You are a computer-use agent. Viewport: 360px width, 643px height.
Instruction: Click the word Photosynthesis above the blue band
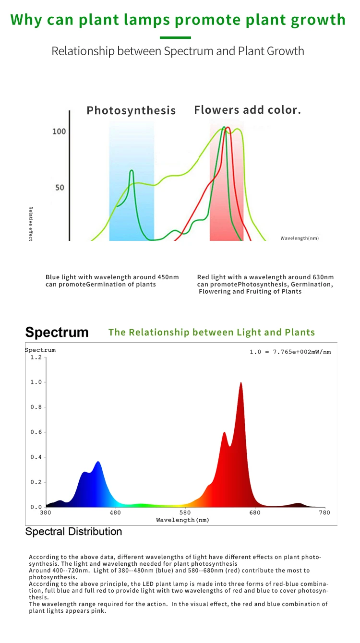[x=131, y=110]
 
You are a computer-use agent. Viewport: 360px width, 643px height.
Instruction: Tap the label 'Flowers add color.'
[x=247, y=110]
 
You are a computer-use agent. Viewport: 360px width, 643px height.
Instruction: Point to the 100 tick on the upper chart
[x=59, y=131]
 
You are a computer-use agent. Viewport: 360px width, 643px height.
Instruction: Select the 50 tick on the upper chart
[x=60, y=187]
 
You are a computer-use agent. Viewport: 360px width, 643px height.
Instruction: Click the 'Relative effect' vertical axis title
[x=31, y=224]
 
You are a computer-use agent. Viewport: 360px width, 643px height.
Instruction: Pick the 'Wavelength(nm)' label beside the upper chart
[x=300, y=238]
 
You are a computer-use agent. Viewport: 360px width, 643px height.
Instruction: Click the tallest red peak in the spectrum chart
[x=240, y=384]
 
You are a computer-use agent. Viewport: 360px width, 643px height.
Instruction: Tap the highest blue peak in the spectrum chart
[x=98, y=463]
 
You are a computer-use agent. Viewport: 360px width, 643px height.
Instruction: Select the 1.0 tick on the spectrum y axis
[x=36, y=382]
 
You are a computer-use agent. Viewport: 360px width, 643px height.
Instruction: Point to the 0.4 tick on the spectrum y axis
[x=36, y=457]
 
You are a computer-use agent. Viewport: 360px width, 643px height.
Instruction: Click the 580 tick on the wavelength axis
[x=185, y=512]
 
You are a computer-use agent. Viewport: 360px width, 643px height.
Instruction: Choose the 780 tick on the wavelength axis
[x=324, y=512]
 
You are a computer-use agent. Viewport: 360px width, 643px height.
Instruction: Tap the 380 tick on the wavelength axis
[x=45, y=512]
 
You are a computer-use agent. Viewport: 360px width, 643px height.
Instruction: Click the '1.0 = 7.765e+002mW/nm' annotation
[x=290, y=352]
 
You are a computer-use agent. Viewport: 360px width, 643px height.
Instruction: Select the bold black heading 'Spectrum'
[x=57, y=333]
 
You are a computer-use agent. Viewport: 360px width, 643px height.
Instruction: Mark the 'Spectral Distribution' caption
[x=73, y=532]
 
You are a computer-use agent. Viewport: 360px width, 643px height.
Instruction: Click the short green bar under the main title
[x=175, y=37]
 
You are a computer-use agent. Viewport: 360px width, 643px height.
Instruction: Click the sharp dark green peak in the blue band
[x=132, y=171]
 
